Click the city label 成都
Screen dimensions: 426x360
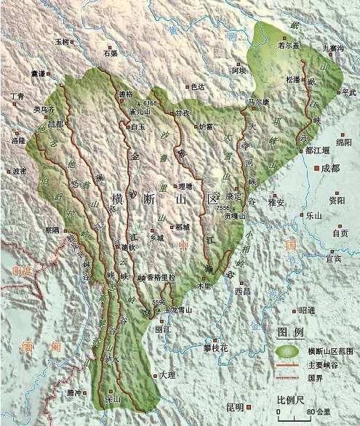tap(330, 168)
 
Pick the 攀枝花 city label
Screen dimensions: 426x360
tap(215, 347)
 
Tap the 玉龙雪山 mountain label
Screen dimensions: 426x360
tap(179, 310)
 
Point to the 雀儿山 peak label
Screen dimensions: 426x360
tap(139, 112)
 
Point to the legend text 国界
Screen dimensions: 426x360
tap(314, 378)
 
